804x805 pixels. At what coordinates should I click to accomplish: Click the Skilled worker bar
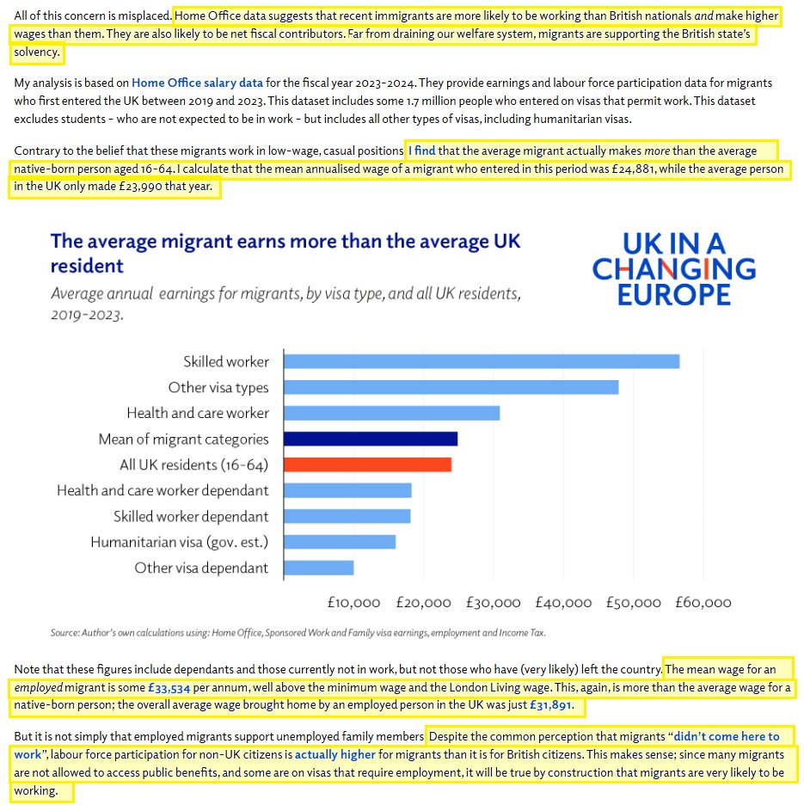pos(481,361)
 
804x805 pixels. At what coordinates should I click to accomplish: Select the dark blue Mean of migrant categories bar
pos(370,439)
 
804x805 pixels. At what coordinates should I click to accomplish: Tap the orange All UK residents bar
pos(367,464)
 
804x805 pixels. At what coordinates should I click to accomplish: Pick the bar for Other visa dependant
pos(318,568)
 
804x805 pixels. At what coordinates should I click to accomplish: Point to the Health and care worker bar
pos(391,413)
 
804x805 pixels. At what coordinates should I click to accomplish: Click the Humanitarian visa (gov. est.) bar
pos(339,542)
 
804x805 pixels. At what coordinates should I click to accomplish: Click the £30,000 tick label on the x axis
pos(494,603)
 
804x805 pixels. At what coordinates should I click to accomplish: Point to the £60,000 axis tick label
pos(704,603)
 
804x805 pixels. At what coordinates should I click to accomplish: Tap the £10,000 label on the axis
pos(353,603)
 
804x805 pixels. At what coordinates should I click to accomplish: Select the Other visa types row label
pos(218,388)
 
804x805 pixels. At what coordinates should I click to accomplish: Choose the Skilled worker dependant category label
pos(191,517)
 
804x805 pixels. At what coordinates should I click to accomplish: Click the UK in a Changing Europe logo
pos(674,268)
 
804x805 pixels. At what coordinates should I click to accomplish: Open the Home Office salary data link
pos(198,83)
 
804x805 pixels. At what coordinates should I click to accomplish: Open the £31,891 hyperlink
pos(545,707)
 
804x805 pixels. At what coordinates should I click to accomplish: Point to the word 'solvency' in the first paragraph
pos(37,52)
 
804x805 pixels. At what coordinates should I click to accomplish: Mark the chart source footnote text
pos(298,633)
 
